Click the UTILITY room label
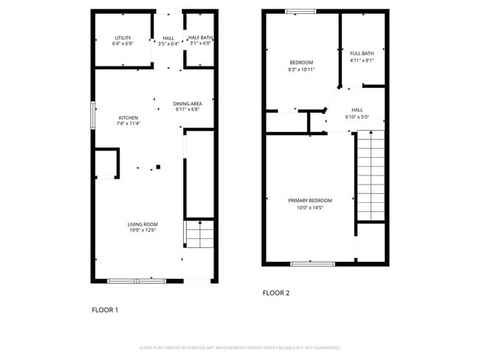[x=123, y=38]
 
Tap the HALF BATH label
[x=199, y=38]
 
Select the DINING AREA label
[x=188, y=103]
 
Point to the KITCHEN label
[x=128, y=118]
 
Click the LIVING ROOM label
[x=143, y=224]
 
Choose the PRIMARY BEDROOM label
[x=309, y=201]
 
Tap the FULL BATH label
[x=362, y=53]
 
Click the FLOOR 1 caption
[x=105, y=310]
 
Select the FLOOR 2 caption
[x=276, y=293]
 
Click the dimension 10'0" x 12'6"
[x=143, y=231]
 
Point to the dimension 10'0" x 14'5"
[x=309, y=207]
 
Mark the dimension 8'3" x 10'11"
[x=301, y=69]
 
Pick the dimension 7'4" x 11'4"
[x=128, y=124]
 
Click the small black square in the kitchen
[x=157, y=167]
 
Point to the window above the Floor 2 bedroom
[x=301, y=10]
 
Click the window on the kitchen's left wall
[x=92, y=116]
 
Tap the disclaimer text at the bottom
[x=239, y=347]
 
